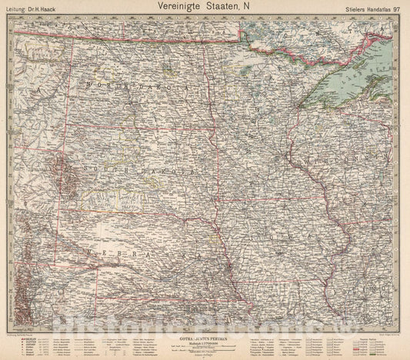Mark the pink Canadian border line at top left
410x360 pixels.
115,37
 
